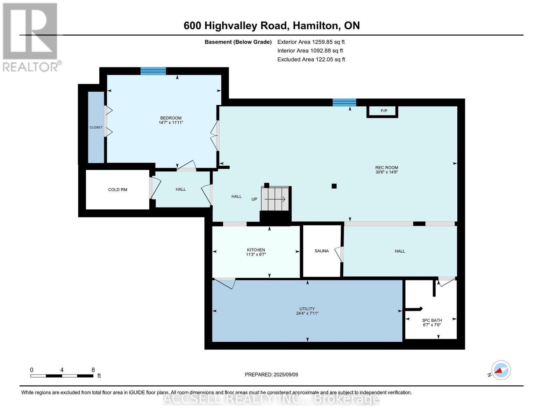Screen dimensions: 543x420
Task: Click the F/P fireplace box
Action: (x=384, y=111)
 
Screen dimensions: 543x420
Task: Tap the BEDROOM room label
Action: (x=171, y=118)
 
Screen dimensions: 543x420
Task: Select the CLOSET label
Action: (x=96, y=127)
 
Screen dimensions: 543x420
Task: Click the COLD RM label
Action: (x=117, y=190)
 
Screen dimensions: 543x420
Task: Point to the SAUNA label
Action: (x=321, y=251)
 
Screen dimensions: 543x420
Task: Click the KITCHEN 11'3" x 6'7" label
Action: (x=256, y=252)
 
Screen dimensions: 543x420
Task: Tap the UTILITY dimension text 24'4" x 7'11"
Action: (x=307, y=314)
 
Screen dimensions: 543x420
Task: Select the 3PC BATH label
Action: (x=432, y=320)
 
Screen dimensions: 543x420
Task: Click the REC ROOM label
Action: (x=386, y=168)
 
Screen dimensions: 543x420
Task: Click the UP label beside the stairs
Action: (x=254, y=199)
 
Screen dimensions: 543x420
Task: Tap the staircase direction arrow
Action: (x=275, y=199)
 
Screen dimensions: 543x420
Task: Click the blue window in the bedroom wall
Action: (x=153, y=71)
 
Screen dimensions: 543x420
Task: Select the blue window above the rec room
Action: (x=344, y=103)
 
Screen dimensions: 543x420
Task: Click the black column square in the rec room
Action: (x=334, y=186)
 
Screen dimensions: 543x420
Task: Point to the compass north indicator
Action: (x=501, y=370)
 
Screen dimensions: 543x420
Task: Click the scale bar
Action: (x=62, y=376)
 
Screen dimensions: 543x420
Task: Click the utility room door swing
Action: (x=225, y=283)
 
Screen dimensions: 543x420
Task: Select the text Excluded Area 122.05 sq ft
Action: (x=311, y=59)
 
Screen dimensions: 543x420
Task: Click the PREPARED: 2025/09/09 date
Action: (x=271, y=374)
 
